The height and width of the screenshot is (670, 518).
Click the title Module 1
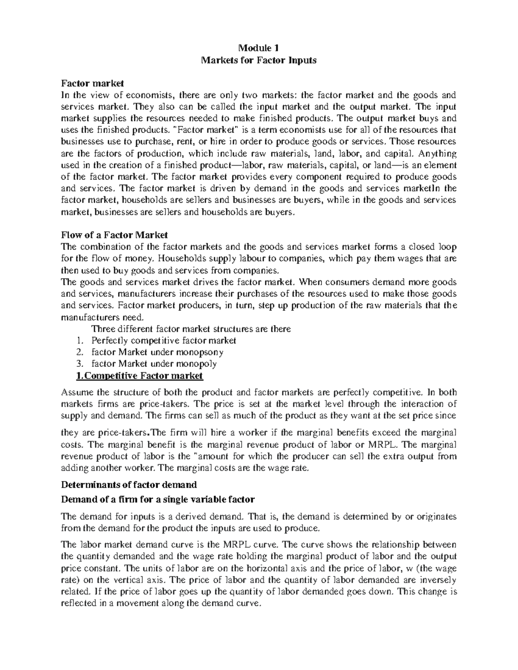pos(259,48)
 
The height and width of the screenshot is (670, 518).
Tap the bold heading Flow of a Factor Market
pos(114,235)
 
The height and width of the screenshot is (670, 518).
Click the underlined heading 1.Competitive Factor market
pos(139,375)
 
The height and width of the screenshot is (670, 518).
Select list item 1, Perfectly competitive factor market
pos(164,340)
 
